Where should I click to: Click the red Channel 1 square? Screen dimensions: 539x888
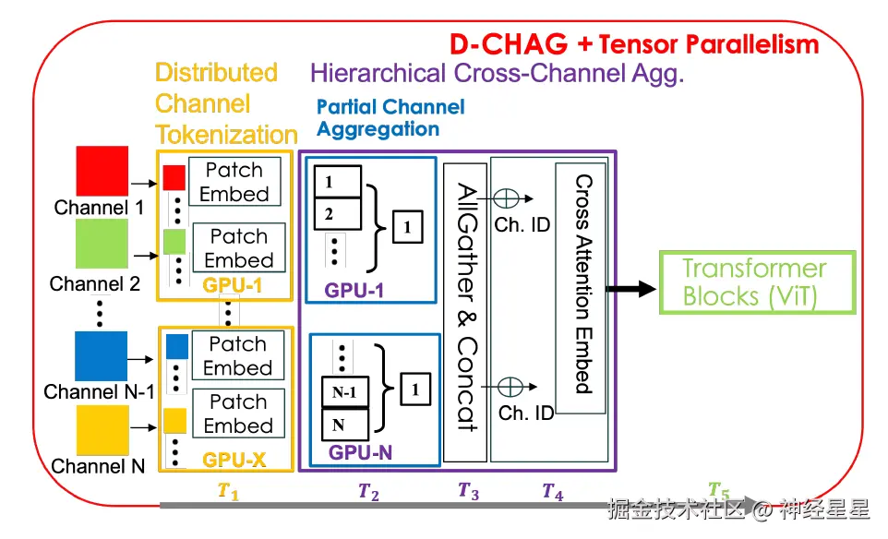click(x=101, y=171)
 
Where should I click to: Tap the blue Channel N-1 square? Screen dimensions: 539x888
click(x=101, y=356)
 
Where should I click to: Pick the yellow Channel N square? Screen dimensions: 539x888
click(x=101, y=430)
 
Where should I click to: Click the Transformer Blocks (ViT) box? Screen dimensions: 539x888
click(x=755, y=282)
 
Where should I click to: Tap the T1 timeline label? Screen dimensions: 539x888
click(x=228, y=492)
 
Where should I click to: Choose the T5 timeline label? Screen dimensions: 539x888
click(x=718, y=490)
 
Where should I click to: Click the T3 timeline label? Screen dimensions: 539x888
click(x=468, y=491)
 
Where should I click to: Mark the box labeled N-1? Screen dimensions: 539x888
click(x=344, y=392)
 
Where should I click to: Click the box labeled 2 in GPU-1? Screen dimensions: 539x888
click(x=337, y=215)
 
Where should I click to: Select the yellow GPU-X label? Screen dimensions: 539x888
click(x=234, y=459)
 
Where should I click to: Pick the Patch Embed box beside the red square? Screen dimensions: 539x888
click(x=234, y=182)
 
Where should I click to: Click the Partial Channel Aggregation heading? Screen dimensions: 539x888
click(x=390, y=117)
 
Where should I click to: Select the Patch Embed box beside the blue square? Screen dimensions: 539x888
click(x=237, y=356)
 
